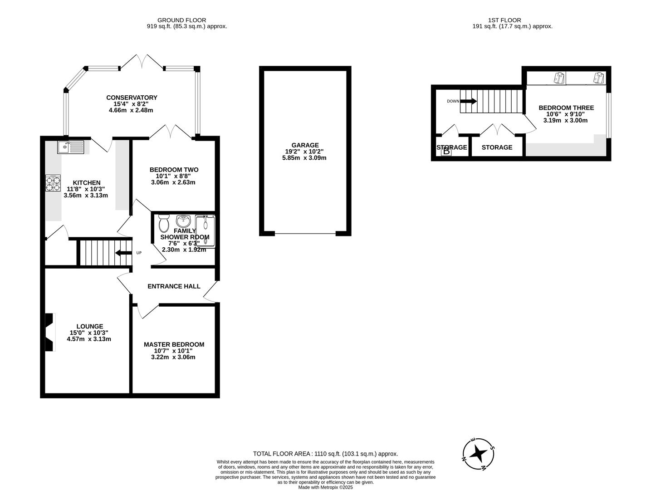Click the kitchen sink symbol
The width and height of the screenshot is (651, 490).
(x=70, y=147)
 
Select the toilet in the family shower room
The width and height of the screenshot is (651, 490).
(x=164, y=223)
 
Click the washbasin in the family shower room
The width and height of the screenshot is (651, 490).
(x=184, y=221)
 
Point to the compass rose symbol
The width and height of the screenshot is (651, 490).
(x=478, y=453)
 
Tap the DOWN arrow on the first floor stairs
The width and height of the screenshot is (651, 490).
(x=468, y=101)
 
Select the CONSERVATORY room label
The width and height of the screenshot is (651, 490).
(x=132, y=98)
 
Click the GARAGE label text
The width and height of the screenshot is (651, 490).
(x=304, y=145)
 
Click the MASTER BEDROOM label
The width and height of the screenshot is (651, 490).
(x=174, y=344)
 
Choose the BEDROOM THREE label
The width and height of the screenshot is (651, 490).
(x=566, y=108)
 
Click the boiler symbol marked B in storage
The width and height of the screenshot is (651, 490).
(x=446, y=152)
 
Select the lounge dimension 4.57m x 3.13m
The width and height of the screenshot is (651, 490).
(x=89, y=339)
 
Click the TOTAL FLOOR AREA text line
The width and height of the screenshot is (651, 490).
(x=325, y=454)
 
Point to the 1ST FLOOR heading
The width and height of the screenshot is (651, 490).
(x=504, y=20)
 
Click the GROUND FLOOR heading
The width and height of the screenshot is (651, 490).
(x=181, y=20)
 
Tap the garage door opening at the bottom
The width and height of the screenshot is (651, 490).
(x=305, y=234)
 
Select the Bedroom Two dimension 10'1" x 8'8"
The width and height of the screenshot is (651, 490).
(x=173, y=176)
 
